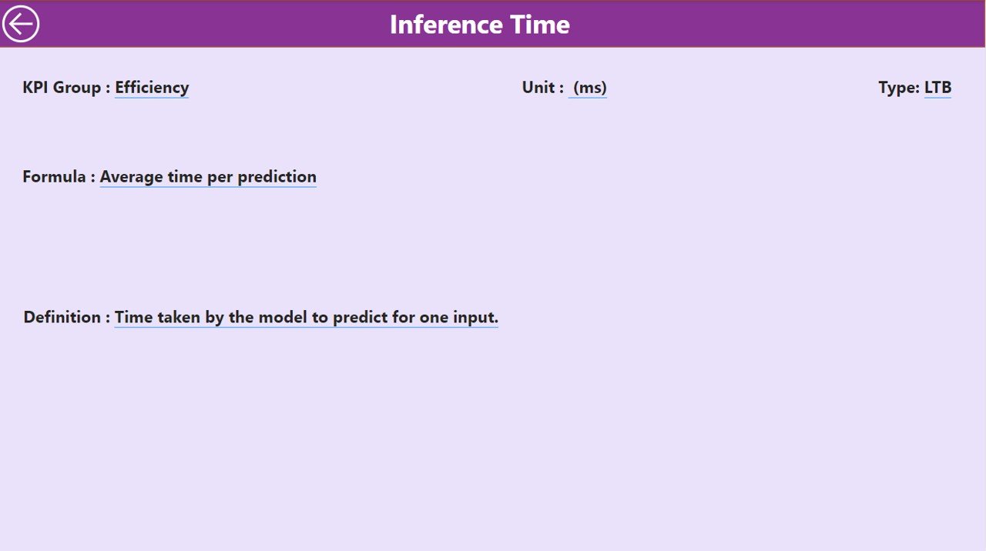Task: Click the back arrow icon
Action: tap(21, 24)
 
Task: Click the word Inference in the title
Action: tap(446, 24)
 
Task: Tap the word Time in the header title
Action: tap(540, 24)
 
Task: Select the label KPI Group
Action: tap(62, 88)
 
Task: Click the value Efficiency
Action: tap(152, 88)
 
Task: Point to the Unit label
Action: tap(538, 87)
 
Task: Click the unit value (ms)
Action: tap(590, 88)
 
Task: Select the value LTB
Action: tap(937, 87)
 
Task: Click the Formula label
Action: tap(54, 176)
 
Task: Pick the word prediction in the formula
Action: tap(277, 177)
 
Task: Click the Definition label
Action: tap(62, 316)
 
